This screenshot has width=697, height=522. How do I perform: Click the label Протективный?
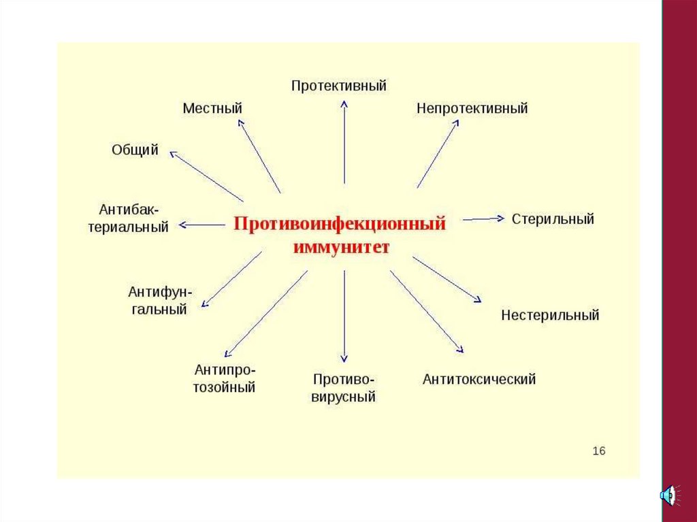pyautogui.click(x=339, y=86)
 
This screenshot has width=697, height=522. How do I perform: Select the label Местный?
pyautogui.click(x=212, y=108)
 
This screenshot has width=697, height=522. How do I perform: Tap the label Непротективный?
pyautogui.click(x=472, y=108)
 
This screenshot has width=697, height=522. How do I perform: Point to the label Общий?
pyautogui.click(x=135, y=150)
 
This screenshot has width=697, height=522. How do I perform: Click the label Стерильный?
pyautogui.click(x=553, y=219)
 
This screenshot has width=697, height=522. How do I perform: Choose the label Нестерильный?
pyautogui.click(x=550, y=315)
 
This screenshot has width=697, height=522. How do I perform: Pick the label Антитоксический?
pyautogui.click(x=479, y=379)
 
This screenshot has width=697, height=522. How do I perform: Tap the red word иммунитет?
pyautogui.click(x=341, y=246)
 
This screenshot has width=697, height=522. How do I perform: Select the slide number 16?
pyautogui.click(x=599, y=451)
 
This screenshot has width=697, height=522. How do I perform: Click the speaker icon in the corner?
pyautogui.click(x=668, y=495)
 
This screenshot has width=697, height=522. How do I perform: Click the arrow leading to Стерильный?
pyautogui.click(x=483, y=218)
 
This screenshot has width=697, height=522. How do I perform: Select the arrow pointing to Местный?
pyautogui.click(x=259, y=156)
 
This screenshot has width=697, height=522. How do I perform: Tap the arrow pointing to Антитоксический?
pyautogui.click(x=427, y=312)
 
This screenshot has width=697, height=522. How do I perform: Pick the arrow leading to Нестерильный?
pyautogui.click(x=447, y=279)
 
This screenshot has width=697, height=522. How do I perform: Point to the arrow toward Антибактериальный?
pyautogui.click(x=202, y=224)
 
